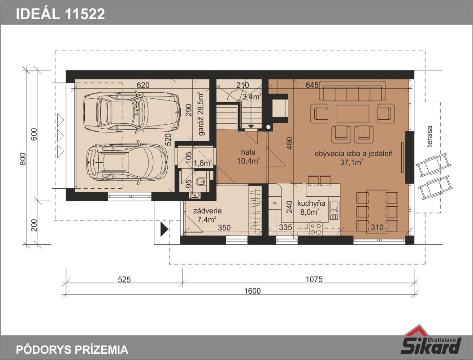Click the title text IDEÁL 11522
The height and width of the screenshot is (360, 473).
click(x=61, y=14)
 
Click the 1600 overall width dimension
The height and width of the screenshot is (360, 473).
click(x=252, y=291)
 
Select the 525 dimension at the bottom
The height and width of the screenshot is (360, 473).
click(x=124, y=280)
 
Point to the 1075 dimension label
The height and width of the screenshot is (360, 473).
click(x=314, y=279)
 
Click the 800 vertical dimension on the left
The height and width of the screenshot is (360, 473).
click(x=23, y=159)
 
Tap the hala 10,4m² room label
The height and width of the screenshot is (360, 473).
click(x=248, y=156)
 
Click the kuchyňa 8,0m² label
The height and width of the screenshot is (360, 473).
click(x=311, y=208)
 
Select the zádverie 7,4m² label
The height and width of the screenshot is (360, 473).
click(x=207, y=215)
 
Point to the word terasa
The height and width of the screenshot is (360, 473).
click(x=430, y=136)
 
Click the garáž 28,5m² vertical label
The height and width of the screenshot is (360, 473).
click(x=200, y=114)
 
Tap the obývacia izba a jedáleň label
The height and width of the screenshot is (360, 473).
click(x=354, y=154)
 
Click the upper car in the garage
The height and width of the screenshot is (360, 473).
click(x=132, y=112)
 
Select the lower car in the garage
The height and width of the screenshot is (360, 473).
click(x=127, y=162)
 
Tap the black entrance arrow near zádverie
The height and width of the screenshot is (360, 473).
click(x=164, y=229)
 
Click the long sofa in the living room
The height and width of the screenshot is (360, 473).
click(x=352, y=91)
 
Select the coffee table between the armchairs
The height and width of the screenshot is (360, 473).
click(x=352, y=113)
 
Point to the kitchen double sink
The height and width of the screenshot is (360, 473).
click(x=334, y=210)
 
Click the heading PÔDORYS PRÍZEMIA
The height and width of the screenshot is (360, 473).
click(x=72, y=349)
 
